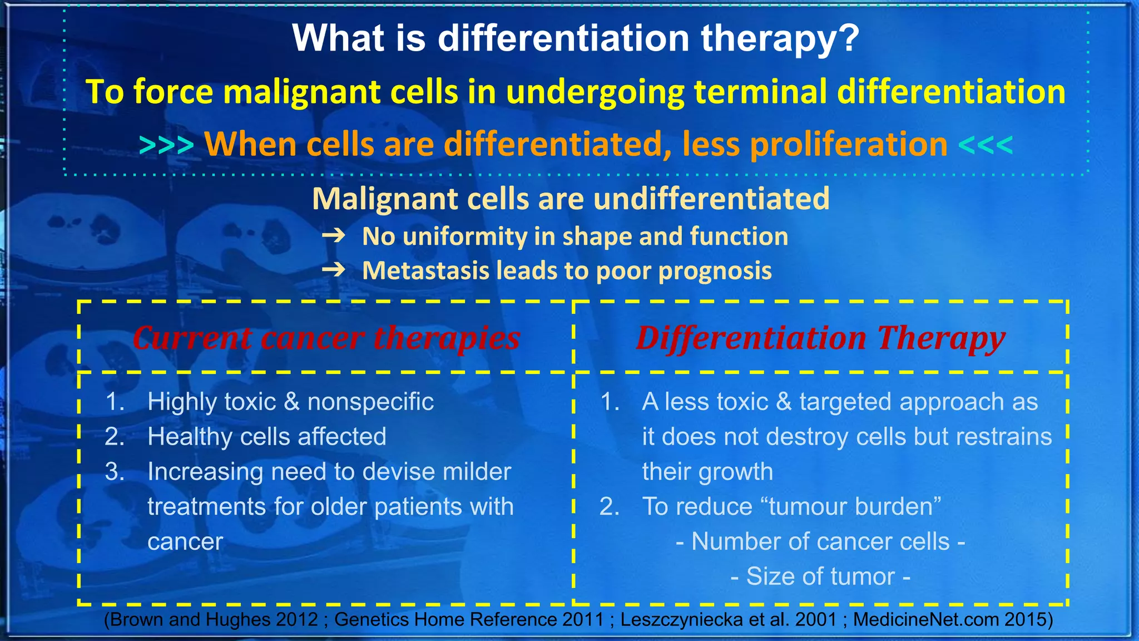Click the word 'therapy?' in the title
click(780, 39)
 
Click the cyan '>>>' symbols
click(166, 145)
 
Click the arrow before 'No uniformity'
click(334, 236)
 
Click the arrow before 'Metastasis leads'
click(334, 271)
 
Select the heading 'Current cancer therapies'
click(326, 338)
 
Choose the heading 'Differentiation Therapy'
click(820, 338)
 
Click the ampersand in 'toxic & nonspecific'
click(291, 402)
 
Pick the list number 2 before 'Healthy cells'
click(115, 437)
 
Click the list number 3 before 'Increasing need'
click(115, 472)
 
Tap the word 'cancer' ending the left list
click(185, 542)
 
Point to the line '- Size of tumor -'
click(820, 576)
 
